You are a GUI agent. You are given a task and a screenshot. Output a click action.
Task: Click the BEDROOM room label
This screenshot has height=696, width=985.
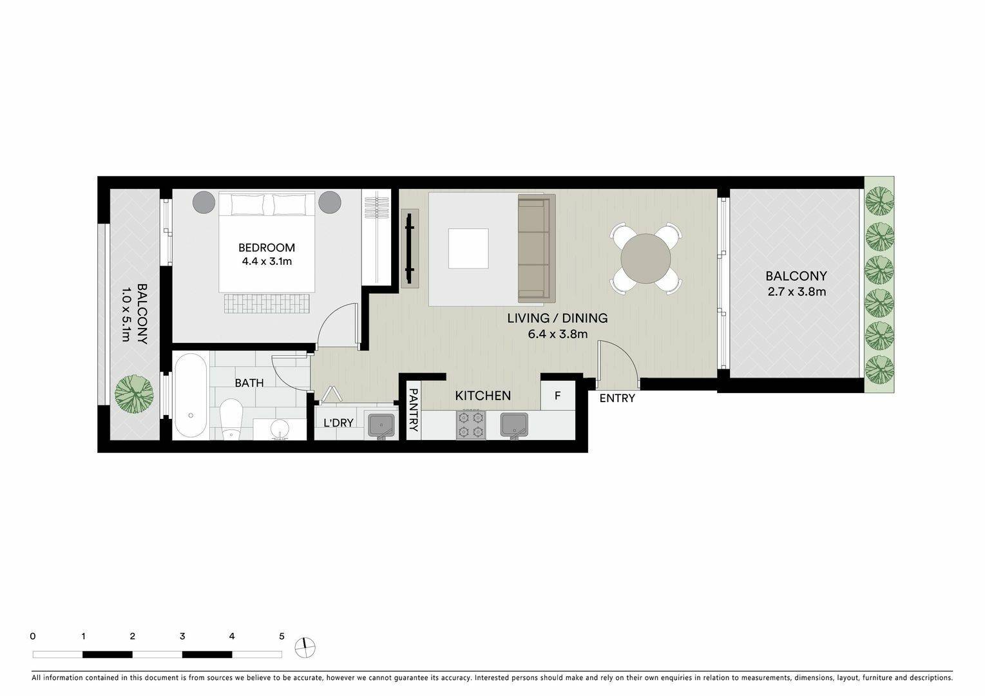(x=267, y=247)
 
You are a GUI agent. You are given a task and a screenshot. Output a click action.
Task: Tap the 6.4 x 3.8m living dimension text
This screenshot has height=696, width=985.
(x=558, y=334)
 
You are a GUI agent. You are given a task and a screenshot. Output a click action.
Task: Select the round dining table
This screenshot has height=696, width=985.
(x=646, y=258)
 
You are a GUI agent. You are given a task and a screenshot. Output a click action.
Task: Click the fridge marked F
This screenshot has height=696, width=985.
(x=558, y=396)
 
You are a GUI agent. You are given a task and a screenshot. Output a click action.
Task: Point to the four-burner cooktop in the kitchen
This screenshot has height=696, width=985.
(x=471, y=425)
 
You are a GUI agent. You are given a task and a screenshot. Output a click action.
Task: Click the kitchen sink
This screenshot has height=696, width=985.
(x=513, y=425)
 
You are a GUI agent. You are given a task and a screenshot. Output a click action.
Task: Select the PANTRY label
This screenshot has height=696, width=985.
(x=414, y=410)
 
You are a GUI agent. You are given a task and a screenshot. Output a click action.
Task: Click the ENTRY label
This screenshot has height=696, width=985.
(x=617, y=398)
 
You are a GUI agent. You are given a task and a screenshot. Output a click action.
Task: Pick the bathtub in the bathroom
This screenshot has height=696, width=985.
(x=191, y=396)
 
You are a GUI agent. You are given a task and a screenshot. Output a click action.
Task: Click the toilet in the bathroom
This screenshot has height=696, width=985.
(x=231, y=418)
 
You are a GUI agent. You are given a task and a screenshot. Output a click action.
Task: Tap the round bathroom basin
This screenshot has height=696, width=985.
(x=280, y=429)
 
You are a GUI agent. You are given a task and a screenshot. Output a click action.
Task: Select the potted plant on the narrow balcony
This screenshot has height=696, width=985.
(x=134, y=393)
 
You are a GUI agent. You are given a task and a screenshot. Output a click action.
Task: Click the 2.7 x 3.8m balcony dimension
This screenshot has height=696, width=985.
(x=796, y=291)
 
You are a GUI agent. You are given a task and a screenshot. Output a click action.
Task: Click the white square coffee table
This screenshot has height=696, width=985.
(x=468, y=248)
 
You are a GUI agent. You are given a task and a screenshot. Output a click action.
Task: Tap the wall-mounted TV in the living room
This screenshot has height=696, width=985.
(x=410, y=249)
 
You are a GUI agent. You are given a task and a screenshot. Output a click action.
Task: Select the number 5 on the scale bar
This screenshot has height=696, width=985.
(x=282, y=636)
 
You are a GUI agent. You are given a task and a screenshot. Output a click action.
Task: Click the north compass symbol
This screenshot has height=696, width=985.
(x=305, y=648)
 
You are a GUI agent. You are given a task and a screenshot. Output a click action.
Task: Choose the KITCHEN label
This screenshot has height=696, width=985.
(x=483, y=396)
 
